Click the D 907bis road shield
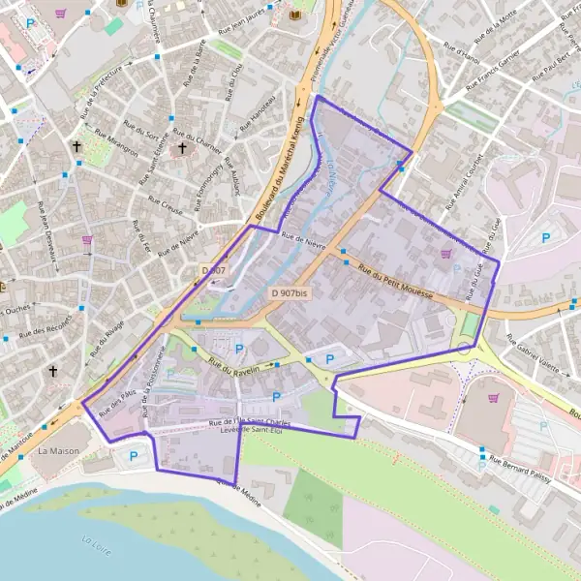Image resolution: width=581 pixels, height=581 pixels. pyautogui.click(x=290, y=292)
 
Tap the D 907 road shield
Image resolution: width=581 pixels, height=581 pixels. pyautogui.click(x=213, y=270)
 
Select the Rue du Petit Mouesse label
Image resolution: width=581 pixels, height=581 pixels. pyautogui.click(x=395, y=282)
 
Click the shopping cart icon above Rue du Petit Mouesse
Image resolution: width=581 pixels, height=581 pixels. pyautogui.click(x=445, y=254)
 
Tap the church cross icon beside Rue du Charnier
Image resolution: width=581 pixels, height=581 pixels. pyautogui.click(x=181, y=149)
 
